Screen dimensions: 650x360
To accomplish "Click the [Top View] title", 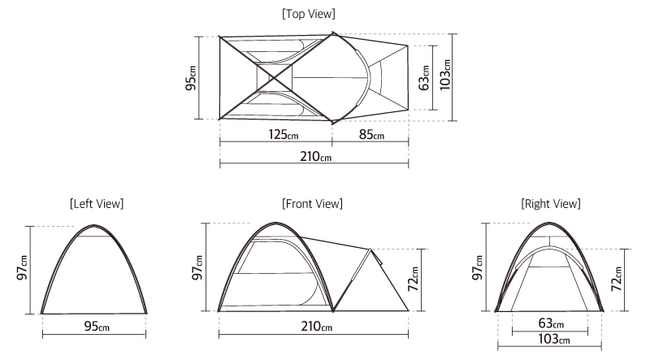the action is tap(309, 14).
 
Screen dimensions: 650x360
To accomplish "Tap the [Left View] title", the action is tap(97, 204).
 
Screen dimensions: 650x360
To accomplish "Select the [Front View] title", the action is tap(312, 204).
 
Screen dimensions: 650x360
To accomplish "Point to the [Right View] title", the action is tap(551, 204).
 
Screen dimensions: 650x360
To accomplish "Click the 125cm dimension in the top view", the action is tap(283, 134).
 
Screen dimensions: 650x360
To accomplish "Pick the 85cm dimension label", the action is tap(371, 134).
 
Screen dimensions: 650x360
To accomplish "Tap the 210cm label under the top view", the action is tap(316, 156).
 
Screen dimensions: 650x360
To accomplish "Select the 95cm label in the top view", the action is tap(191, 78).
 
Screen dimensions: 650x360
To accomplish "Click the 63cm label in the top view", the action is tap(424, 77).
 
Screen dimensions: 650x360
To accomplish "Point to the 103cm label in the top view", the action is tap(444, 75).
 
